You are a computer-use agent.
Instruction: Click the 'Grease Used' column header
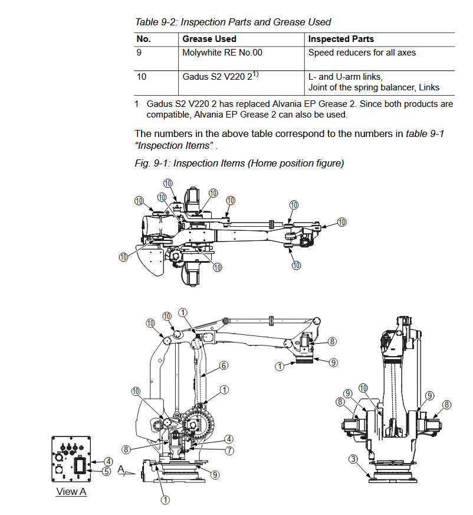click(209, 39)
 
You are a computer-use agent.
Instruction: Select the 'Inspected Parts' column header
click(341, 39)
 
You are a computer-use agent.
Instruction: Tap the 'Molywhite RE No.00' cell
click(222, 53)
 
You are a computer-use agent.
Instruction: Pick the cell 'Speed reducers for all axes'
click(362, 53)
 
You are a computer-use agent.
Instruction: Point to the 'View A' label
click(71, 492)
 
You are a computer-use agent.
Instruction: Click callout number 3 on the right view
click(353, 459)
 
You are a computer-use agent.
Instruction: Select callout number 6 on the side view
click(224, 365)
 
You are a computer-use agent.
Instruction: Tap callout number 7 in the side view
click(229, 451)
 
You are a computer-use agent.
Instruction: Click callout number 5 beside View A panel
click(106, 471)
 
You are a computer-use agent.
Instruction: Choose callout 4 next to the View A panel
click(109, 461)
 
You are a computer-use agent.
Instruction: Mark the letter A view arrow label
click(121, 470)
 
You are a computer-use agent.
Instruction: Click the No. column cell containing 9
click(139, 53)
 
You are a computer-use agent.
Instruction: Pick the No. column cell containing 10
click(142, 77)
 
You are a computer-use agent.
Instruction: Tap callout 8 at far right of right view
click(446, 405)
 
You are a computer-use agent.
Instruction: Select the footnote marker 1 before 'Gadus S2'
click(136, 104)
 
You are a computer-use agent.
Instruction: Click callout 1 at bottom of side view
click(165, 500)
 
